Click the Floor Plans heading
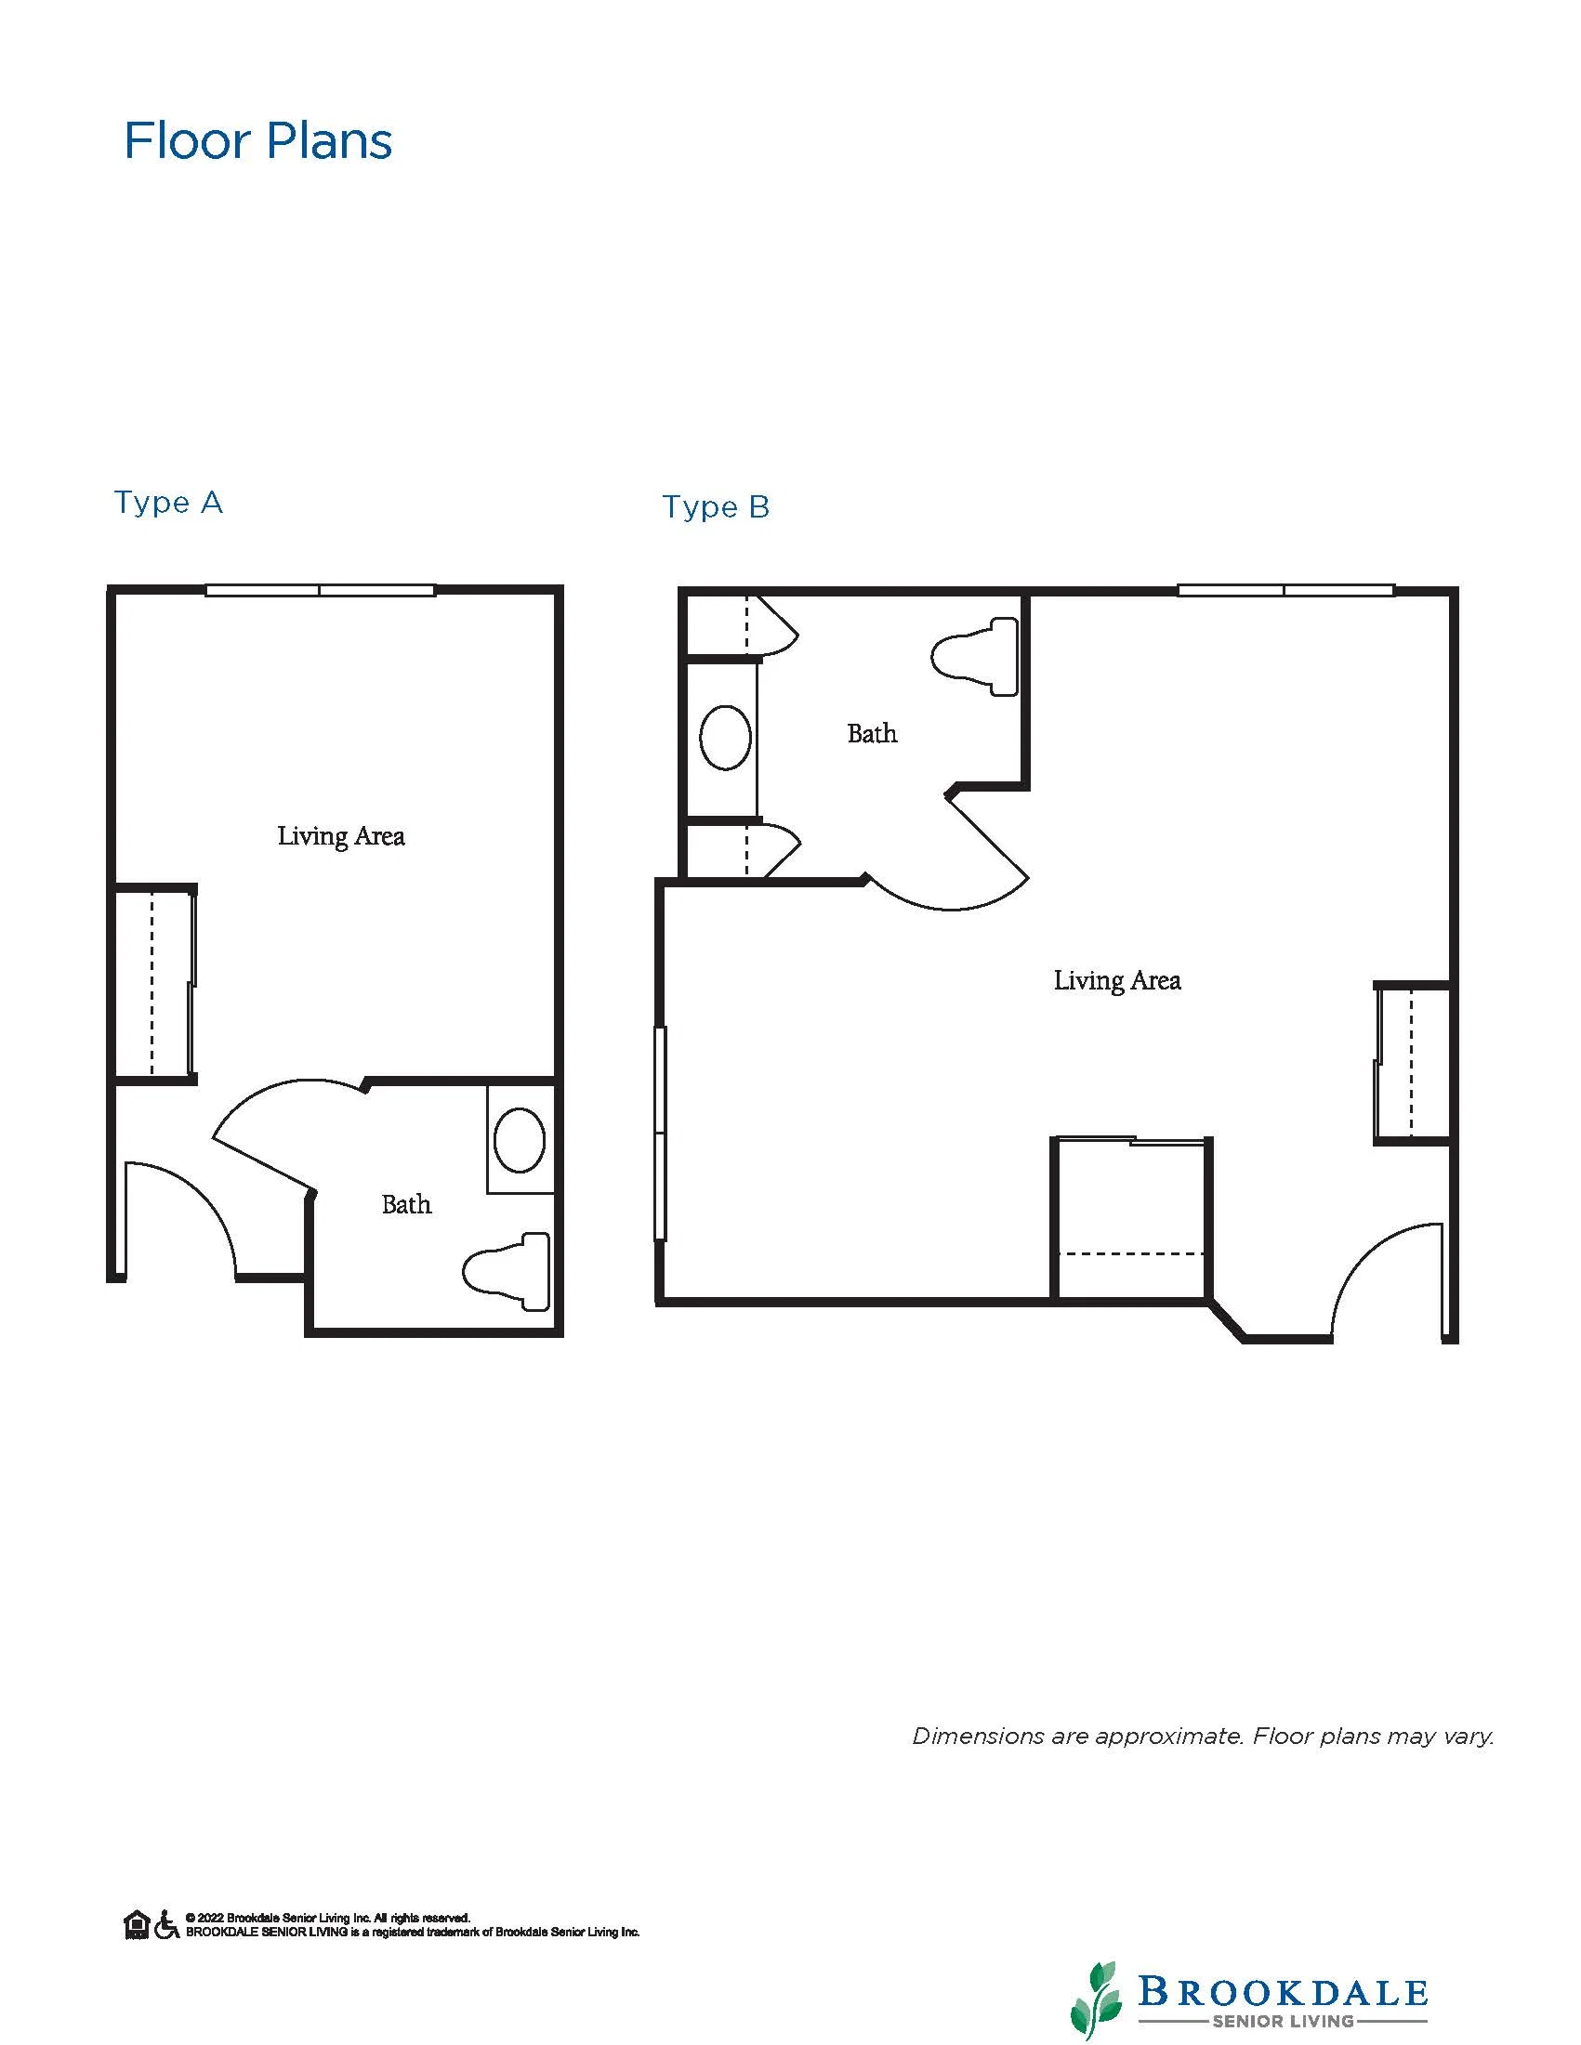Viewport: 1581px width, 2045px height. (257, 141)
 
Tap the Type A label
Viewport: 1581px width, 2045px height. (168, 503)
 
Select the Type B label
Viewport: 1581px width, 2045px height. (717, 506)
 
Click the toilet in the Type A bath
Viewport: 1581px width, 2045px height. (506, 1272)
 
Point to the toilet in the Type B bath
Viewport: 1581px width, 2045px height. (974, 656)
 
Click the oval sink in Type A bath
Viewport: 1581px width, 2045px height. (520, 1139)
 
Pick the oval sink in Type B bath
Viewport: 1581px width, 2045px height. (726, 738)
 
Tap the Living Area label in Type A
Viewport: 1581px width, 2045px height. (341, 836)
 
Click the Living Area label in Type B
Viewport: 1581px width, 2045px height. (1117, 980)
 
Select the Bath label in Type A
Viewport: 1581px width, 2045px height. (406, 1204)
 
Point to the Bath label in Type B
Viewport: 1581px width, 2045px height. (872, 733)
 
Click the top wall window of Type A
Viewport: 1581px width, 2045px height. (321, 590)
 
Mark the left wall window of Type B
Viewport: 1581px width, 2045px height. (660, 1133)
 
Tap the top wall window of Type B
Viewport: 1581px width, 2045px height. (1286, 590)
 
